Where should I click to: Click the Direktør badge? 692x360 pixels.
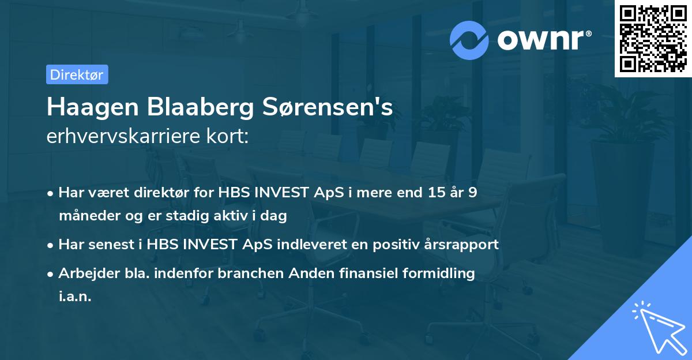pyautogui.click(x=77, y=74)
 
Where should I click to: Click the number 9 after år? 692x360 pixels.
pyautogui.click(x=472, y=193)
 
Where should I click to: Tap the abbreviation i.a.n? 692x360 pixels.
pyautogui.click(x=75, y=297)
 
